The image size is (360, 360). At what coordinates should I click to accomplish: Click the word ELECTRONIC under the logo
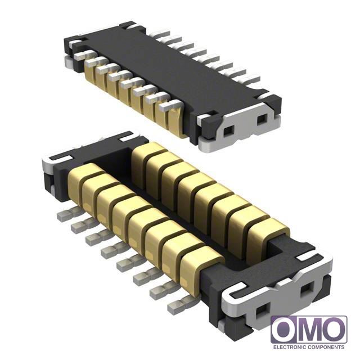click(x=289, y=346)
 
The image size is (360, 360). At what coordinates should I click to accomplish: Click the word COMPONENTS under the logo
click(x=326, y=346)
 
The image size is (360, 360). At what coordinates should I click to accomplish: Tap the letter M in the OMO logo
click(x=309, y=329)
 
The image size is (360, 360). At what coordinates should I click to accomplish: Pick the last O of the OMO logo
click(x=334, y=329)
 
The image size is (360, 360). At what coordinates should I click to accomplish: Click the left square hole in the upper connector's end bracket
click(x=229, y=131)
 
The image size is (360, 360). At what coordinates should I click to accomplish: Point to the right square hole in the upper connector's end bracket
click(x=262, y=120)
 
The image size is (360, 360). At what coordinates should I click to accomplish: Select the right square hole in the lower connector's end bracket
click(x=306, y=291)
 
